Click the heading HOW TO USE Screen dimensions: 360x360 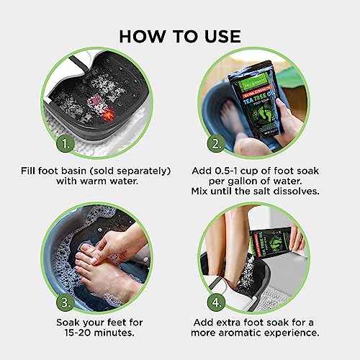(180, 37)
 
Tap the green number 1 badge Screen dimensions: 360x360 (66, 143)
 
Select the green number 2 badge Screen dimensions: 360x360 (216, 143)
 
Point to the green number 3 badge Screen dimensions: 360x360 (66, 302)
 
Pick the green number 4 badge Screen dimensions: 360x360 (216, 302)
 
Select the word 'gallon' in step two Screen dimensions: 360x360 (243, 181)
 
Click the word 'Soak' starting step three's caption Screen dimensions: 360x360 (68, 323)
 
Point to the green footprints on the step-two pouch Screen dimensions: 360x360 (259, 117)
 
